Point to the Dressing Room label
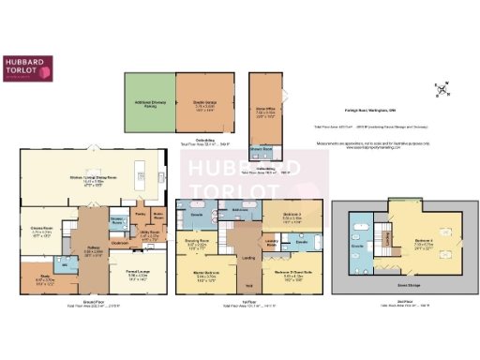point(198,242)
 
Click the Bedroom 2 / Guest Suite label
point(288,276)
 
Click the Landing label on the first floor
point(247,257)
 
